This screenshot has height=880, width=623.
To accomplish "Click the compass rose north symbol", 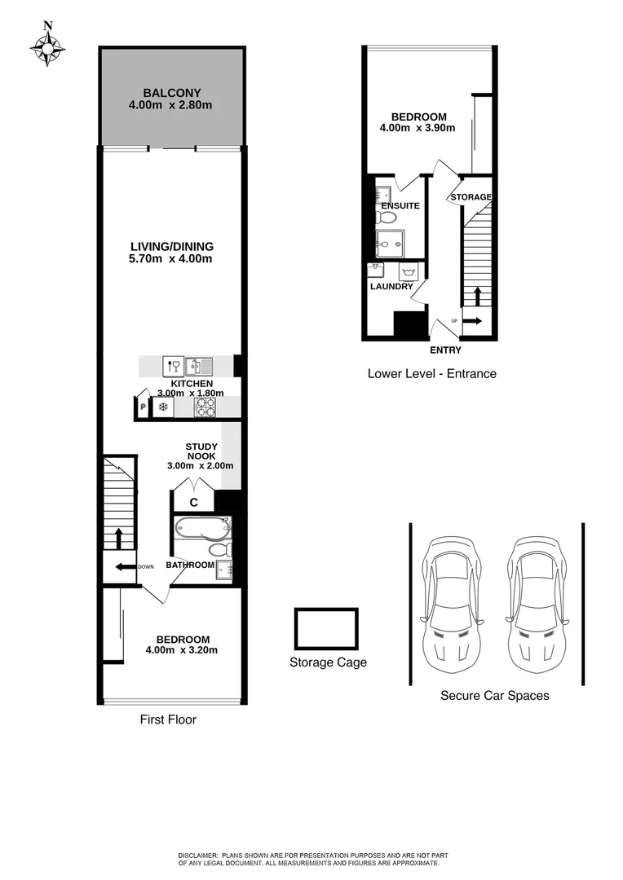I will click(x=48, y=47).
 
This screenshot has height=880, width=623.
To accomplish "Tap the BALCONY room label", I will click(x=171, y=92).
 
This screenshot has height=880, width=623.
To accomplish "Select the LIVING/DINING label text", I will click(x=171, y=246).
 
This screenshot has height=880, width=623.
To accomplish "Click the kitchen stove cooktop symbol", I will click(x=205, y=407).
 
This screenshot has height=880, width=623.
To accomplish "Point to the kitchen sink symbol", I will click(x=198, y=366).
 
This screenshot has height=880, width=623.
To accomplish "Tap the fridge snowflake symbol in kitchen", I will click(x=162, y=407).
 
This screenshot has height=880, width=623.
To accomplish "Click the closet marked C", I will click(x=194, y=503).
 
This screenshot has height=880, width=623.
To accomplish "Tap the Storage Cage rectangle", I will click(x=326, y=629).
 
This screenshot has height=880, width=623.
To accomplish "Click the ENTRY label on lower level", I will click(x=445, y=350).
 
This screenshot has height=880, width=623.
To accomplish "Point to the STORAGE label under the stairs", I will click(x=471, y=197).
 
